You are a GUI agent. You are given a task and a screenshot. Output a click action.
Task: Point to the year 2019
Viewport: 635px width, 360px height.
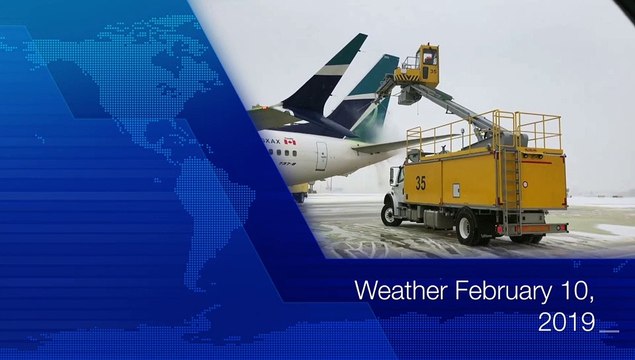click(x=566, y=322)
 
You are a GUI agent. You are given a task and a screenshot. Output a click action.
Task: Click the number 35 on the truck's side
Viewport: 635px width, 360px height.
click(x=421, y=183)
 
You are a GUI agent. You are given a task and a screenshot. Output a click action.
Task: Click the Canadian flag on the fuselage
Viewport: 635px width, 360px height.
click(x=290, y=141)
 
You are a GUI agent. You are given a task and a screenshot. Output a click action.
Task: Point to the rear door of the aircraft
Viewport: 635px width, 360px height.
click(x=322, y=155)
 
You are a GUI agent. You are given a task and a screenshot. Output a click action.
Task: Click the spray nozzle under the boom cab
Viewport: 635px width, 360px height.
click(x=407, y=96)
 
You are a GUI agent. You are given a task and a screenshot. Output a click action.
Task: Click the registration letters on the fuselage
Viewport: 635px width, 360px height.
click(x=271, y=142)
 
